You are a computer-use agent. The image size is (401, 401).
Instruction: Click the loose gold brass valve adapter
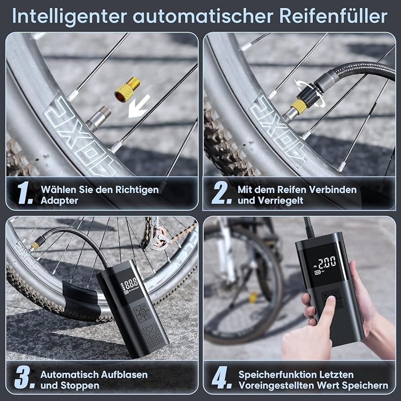(x=127, y=89)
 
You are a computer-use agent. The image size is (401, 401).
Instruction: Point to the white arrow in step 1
(x=139, y=106)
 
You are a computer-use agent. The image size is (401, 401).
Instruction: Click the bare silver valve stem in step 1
(x=99, y=118)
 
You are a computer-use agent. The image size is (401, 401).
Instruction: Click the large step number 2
(x=222, y=193)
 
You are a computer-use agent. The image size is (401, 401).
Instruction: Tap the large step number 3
(x=25, y=377)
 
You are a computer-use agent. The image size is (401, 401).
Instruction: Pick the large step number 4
(x=221, y=377)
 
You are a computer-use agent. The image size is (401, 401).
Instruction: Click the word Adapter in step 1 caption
(x=59, y=201)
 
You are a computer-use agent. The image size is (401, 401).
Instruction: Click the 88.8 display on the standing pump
(x=131, y=283)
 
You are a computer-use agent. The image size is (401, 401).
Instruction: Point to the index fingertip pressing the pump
(x=332, y=300)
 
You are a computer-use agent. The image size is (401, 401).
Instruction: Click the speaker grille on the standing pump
(x=152, y=334)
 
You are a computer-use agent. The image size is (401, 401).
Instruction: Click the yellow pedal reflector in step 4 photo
(x=253, y=297)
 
